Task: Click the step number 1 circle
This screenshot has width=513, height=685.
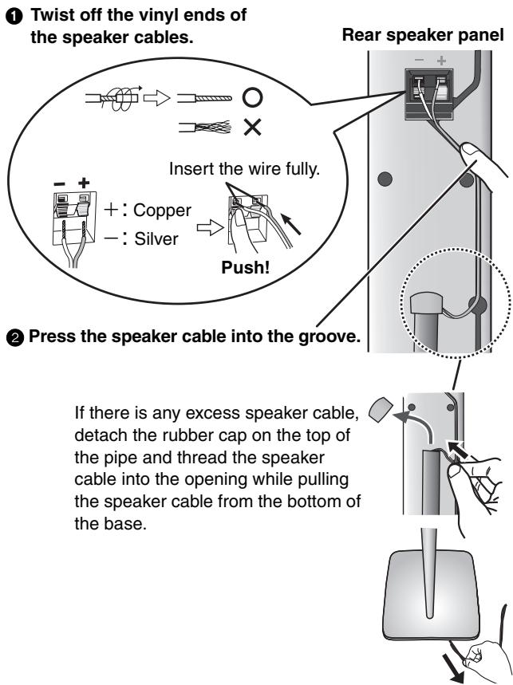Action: (10, 15)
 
